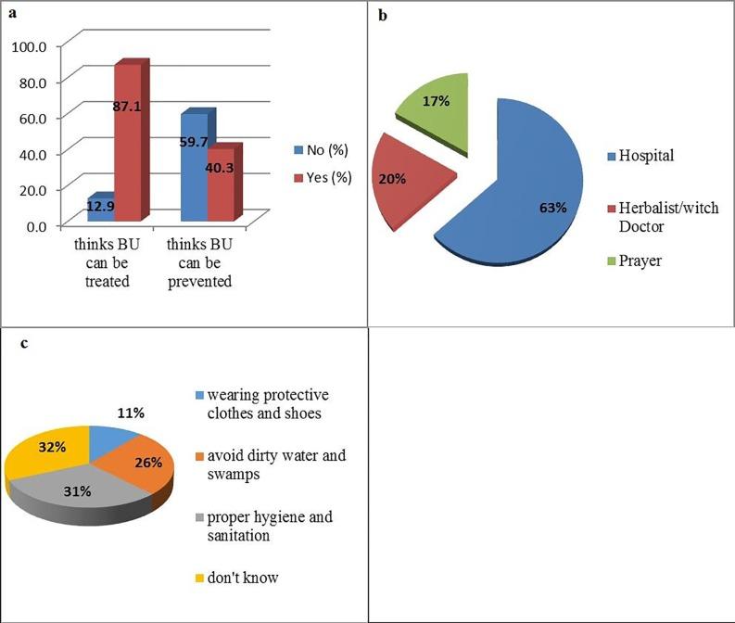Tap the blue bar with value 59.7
click(194, 167)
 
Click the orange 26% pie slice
click(139, 459)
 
